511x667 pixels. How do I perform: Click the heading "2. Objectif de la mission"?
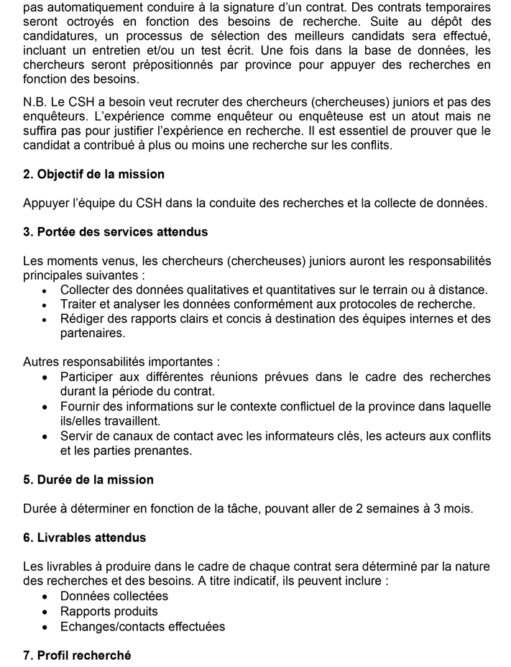click(93, 174)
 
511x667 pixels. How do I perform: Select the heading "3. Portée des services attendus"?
click(115, 232)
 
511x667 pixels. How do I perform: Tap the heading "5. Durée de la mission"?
click(88, 479)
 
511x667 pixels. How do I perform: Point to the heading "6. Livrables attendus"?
click(84, 538)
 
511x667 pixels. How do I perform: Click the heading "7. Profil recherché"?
click(77, 655)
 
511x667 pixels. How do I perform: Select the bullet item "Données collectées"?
click(114, 596)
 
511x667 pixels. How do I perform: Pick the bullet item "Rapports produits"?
click(109, 611)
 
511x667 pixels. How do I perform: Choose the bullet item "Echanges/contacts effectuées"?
click(142, 626)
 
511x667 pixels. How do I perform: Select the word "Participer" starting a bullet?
click(89, 377)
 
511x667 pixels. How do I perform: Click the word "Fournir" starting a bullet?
click(80, 407)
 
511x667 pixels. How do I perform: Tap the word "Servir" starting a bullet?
click(77, 436)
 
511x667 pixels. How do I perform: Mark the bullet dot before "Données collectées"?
click(45, 597)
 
